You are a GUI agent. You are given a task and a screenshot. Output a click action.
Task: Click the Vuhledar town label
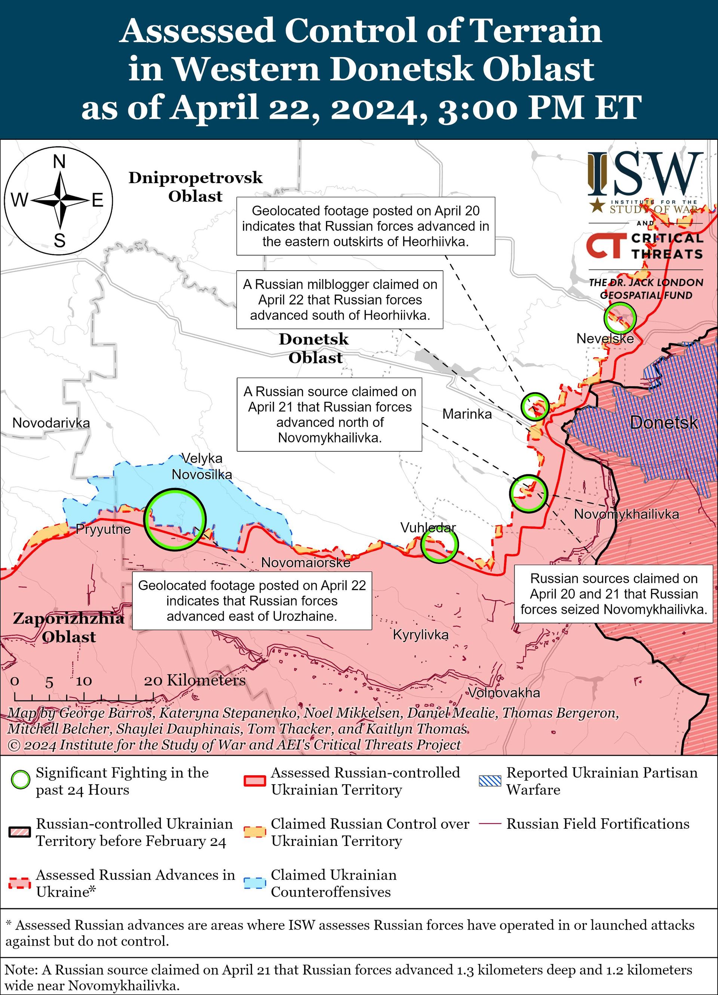(428, 527)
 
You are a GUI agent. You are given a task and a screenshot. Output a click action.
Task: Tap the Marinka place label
(467, 414)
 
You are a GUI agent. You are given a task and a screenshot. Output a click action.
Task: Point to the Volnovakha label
(504, 693)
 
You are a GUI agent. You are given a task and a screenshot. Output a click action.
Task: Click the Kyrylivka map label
(420, 634)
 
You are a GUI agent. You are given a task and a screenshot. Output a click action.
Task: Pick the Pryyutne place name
(103, 529)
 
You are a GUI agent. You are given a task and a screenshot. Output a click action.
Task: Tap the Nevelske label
(605, 338)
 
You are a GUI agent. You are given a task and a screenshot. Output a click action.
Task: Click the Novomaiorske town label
(306, 563)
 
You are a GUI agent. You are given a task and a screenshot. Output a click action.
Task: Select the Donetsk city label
(663, 422)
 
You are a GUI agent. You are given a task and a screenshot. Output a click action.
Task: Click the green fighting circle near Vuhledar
(439, 544)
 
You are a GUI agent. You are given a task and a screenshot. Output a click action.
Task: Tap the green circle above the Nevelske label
(620, 317)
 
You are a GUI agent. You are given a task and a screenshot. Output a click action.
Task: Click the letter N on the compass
(59, 162)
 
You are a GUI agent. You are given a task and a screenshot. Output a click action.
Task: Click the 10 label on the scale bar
(84, 681)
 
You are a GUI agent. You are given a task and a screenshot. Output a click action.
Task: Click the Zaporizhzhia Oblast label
(68, 627)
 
